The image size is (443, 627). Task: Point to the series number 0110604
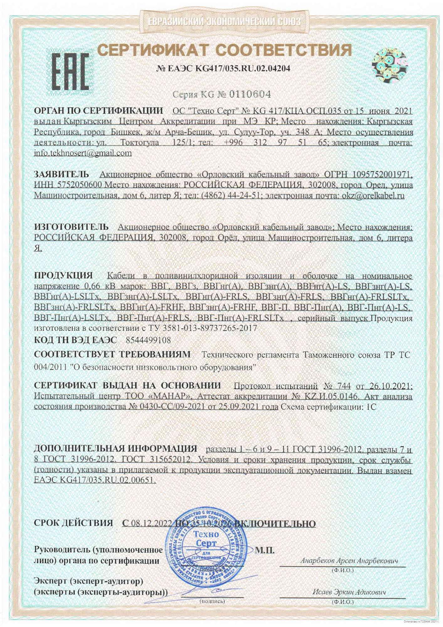tap(250, 94)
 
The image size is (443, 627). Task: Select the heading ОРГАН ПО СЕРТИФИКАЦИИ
tap(98, 111)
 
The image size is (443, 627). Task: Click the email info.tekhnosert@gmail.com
tap(83, 153)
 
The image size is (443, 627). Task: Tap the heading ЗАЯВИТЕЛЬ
tap(61, 174)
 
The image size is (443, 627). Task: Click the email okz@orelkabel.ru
tap(373, 196)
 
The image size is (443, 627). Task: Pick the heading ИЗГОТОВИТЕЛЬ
tap(71, 227)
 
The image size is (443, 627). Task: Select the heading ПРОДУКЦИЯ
tap(63, 275)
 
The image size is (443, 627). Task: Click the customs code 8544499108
tap(148, 340)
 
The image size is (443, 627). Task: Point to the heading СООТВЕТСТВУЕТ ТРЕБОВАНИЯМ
tap(112, 354)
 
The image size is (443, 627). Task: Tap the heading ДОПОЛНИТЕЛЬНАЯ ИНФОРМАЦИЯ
tap(115, 449)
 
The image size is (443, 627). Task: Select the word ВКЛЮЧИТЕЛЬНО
tap(275, 524)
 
